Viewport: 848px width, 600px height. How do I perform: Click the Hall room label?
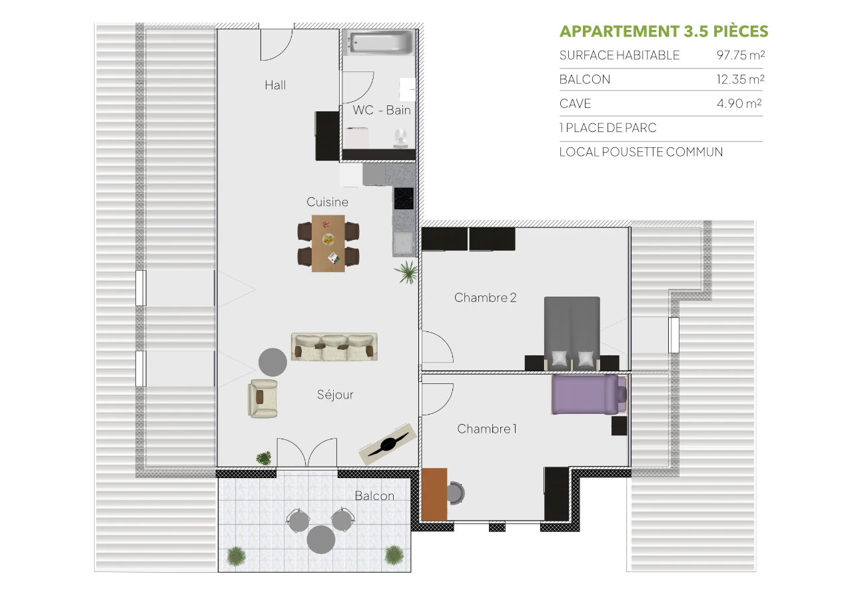tap(275, 85)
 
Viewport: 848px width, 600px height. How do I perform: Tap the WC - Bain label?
tap(382, 110)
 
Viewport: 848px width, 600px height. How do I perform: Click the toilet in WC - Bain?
tap(402, 136)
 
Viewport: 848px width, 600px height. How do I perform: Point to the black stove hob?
tap(404, 198)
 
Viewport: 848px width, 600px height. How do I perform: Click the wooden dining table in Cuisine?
tap(328, 243)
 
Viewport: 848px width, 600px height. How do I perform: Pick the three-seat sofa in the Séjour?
tap(334, 347)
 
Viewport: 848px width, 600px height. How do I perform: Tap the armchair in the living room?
tap(263, 398)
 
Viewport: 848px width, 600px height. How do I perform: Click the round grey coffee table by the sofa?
tap(272, 361)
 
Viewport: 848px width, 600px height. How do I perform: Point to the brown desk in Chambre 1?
tap(434, 494)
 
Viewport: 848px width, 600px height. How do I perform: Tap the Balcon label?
tap(374, 496)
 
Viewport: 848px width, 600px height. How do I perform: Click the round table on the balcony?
tap(320, 539)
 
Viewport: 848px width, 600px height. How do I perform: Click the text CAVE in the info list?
tap(575, 104)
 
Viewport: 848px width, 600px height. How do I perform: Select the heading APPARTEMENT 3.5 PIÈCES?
tap(663, 31)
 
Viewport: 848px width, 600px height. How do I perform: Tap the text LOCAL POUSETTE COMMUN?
tap(641, 152)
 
